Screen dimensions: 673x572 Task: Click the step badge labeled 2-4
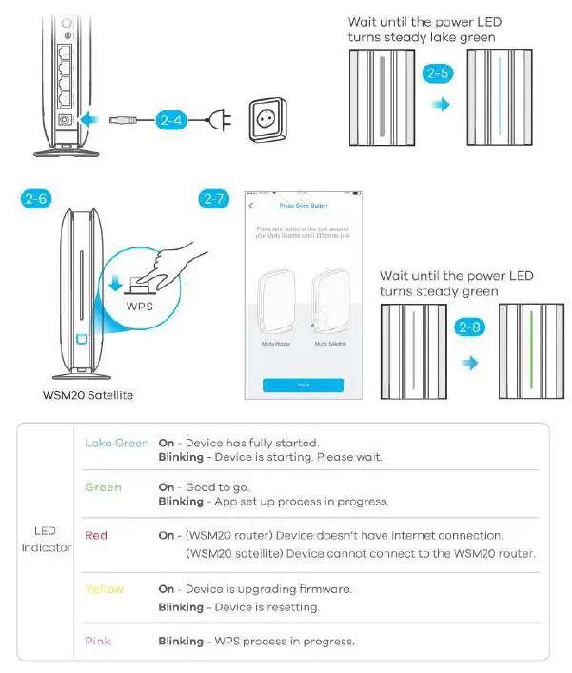(x=170, y=120)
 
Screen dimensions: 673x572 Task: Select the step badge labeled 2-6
(x=36, y=199)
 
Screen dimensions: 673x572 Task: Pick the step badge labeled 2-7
(x=215, y=199)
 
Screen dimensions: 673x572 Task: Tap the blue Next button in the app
(x=304, y=386)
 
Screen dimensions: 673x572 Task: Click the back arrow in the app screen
(x=251, y=206)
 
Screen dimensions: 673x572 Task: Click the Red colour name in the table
(x=96, y=535)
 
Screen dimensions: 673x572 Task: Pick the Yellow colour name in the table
(x=104, y=589)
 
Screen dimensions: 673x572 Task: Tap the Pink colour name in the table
(x=98, y=641)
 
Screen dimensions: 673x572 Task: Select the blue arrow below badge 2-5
(x=439, y=102)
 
